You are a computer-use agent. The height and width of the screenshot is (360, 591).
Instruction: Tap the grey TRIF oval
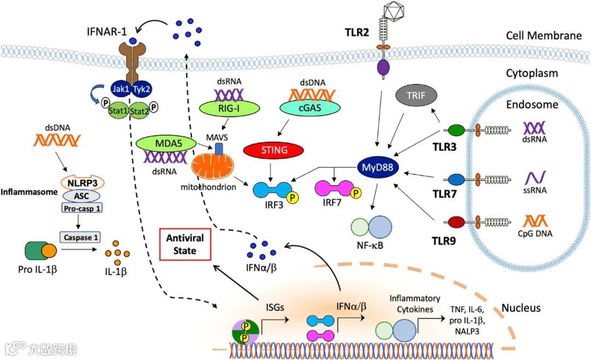point(416,97)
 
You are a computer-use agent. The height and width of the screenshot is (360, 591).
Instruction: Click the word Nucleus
point(522,308)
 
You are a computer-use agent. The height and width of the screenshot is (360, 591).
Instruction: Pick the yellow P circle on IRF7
point(357,192)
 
